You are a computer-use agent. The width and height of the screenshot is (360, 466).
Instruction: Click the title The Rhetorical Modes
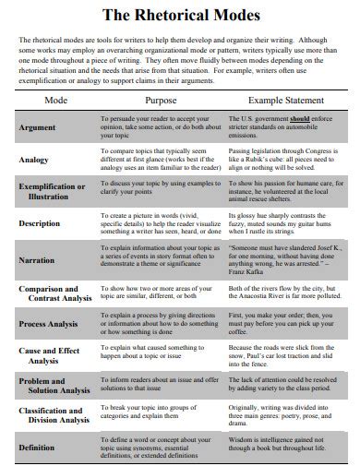coord(181,16)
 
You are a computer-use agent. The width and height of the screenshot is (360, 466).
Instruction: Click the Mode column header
coord(56,99)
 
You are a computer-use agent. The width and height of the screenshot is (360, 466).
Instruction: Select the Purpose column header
coord(162,99)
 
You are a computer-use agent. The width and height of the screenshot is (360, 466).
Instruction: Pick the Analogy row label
coord(34,160)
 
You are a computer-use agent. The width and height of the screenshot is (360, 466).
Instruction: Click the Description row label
coord(41,223)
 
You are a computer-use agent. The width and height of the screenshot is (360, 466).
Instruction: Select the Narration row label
coord(38,260)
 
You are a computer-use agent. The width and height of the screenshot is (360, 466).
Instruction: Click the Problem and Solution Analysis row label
coord(54,386)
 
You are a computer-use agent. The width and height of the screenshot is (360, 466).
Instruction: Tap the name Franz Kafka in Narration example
coord(251,273)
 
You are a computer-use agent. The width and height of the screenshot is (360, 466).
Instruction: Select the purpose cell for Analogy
coord(162,160)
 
